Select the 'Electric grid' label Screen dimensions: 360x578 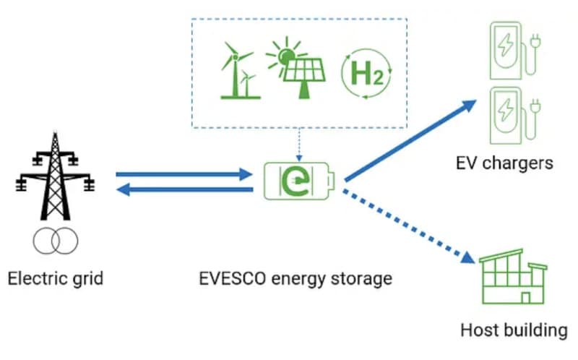55,278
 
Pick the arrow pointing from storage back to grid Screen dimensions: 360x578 184,190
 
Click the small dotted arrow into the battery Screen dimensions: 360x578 299,145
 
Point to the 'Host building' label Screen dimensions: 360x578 514,331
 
